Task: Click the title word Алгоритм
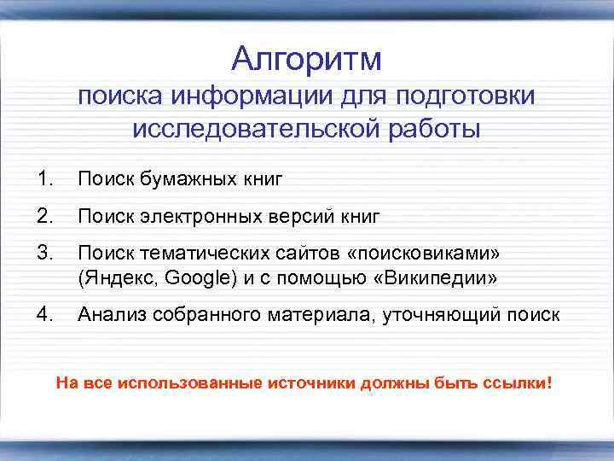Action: point(307,60)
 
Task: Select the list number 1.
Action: point(45,179)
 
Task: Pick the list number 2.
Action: point(45,217)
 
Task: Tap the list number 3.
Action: point(45,254)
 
